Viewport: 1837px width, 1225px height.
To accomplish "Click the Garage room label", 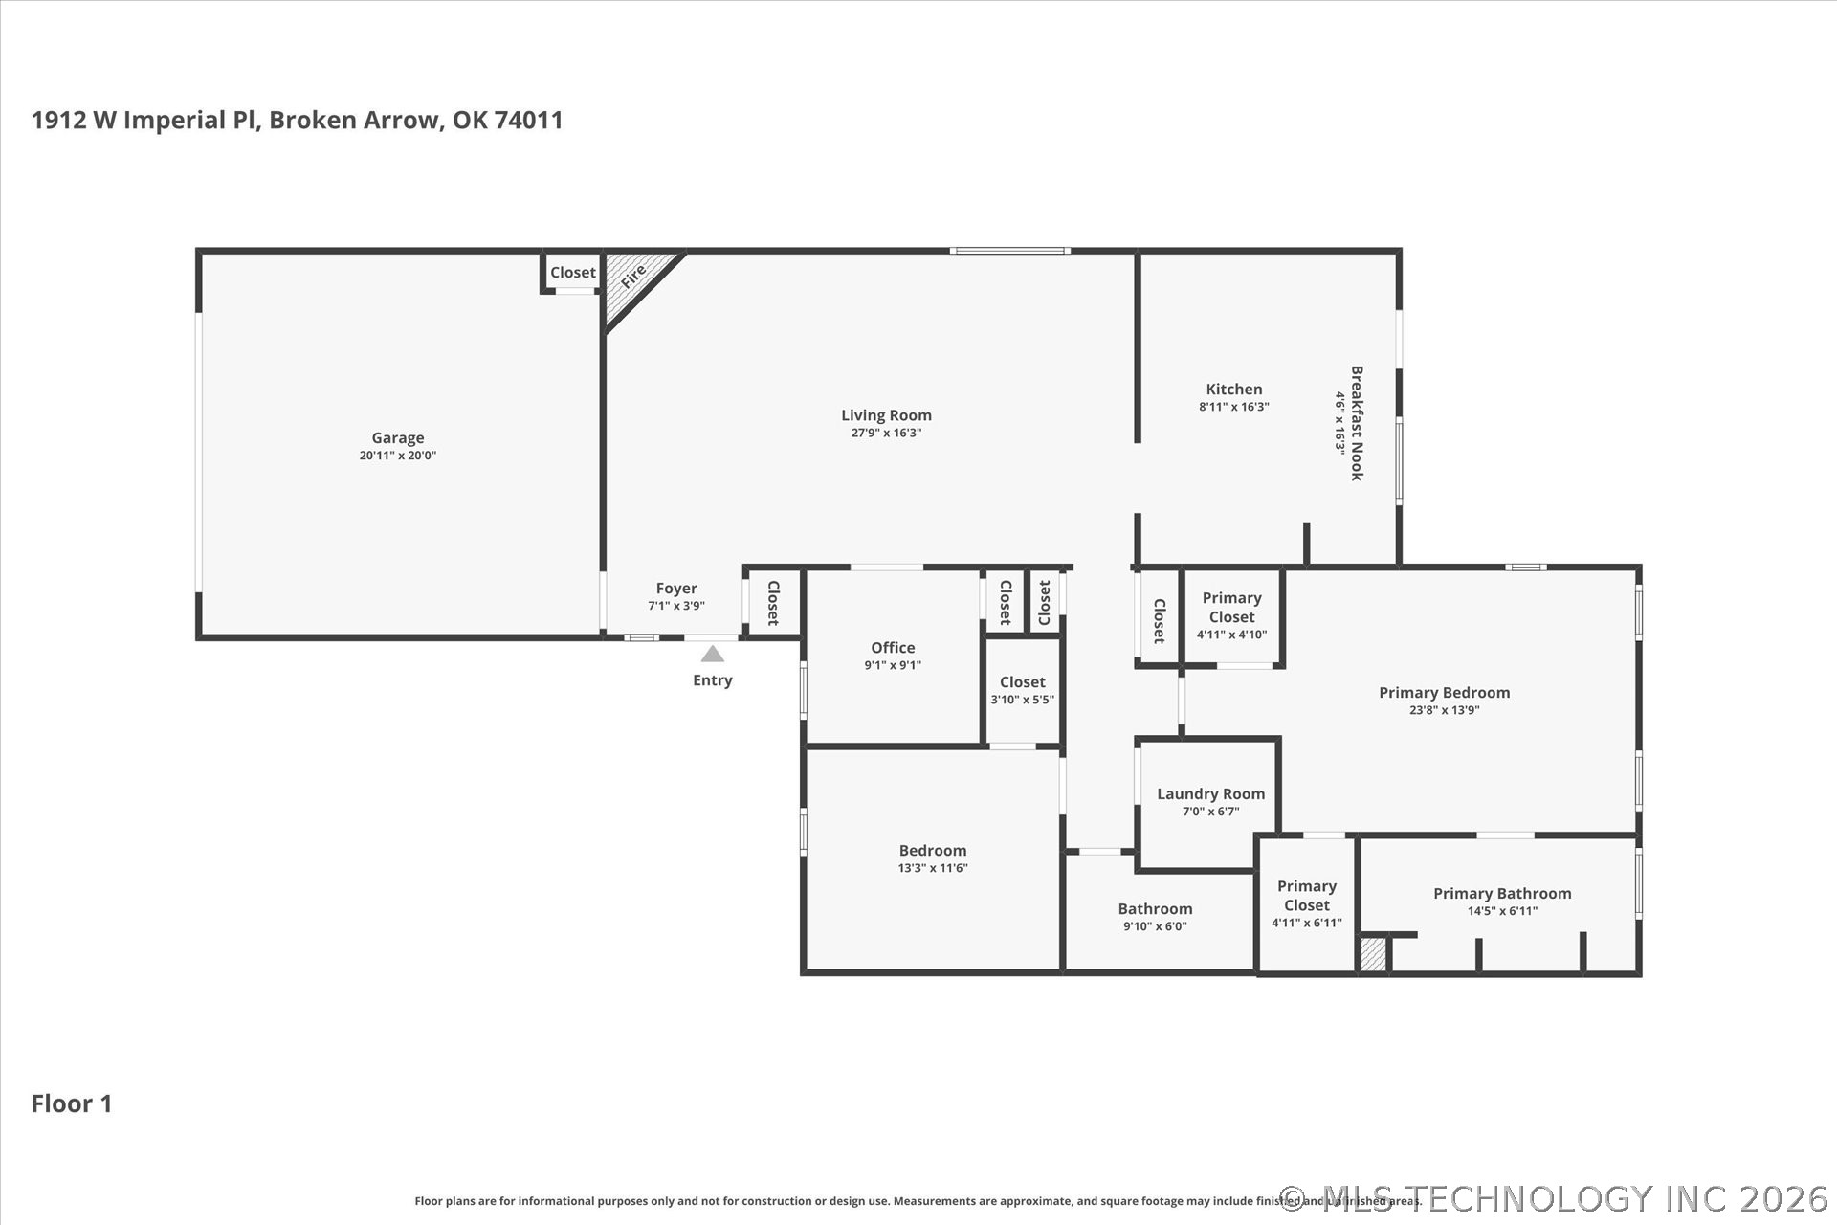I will click(397, 438).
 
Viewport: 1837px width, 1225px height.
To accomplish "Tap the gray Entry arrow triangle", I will click(712, 655).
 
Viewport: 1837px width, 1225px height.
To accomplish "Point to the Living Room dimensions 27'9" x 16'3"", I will click(886, 433).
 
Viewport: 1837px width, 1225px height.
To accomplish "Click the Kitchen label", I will click(1233, 390).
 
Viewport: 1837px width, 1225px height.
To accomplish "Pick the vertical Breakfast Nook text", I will click(1356, 423).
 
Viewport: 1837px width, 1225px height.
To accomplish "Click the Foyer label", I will click(675, 589).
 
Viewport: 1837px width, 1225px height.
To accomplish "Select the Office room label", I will click(892, 648).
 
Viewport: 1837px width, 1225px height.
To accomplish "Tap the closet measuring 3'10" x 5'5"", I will click(1022, 690).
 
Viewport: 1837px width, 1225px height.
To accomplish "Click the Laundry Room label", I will click(1210, 794).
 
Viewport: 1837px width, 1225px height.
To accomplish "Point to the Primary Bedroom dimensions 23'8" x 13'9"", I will click(1444, 710).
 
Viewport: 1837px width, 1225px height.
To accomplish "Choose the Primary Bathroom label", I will click(1501, 894).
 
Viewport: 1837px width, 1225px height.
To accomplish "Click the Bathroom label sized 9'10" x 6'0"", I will click(1155, 909).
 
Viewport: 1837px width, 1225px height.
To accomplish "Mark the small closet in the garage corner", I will click(572, 273).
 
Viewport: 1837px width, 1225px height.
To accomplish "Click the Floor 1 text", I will click(72, 1103).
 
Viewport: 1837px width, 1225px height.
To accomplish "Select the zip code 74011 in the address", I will click(528, 120).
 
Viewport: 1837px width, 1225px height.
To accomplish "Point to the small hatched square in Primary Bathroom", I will click(1373, 954).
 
